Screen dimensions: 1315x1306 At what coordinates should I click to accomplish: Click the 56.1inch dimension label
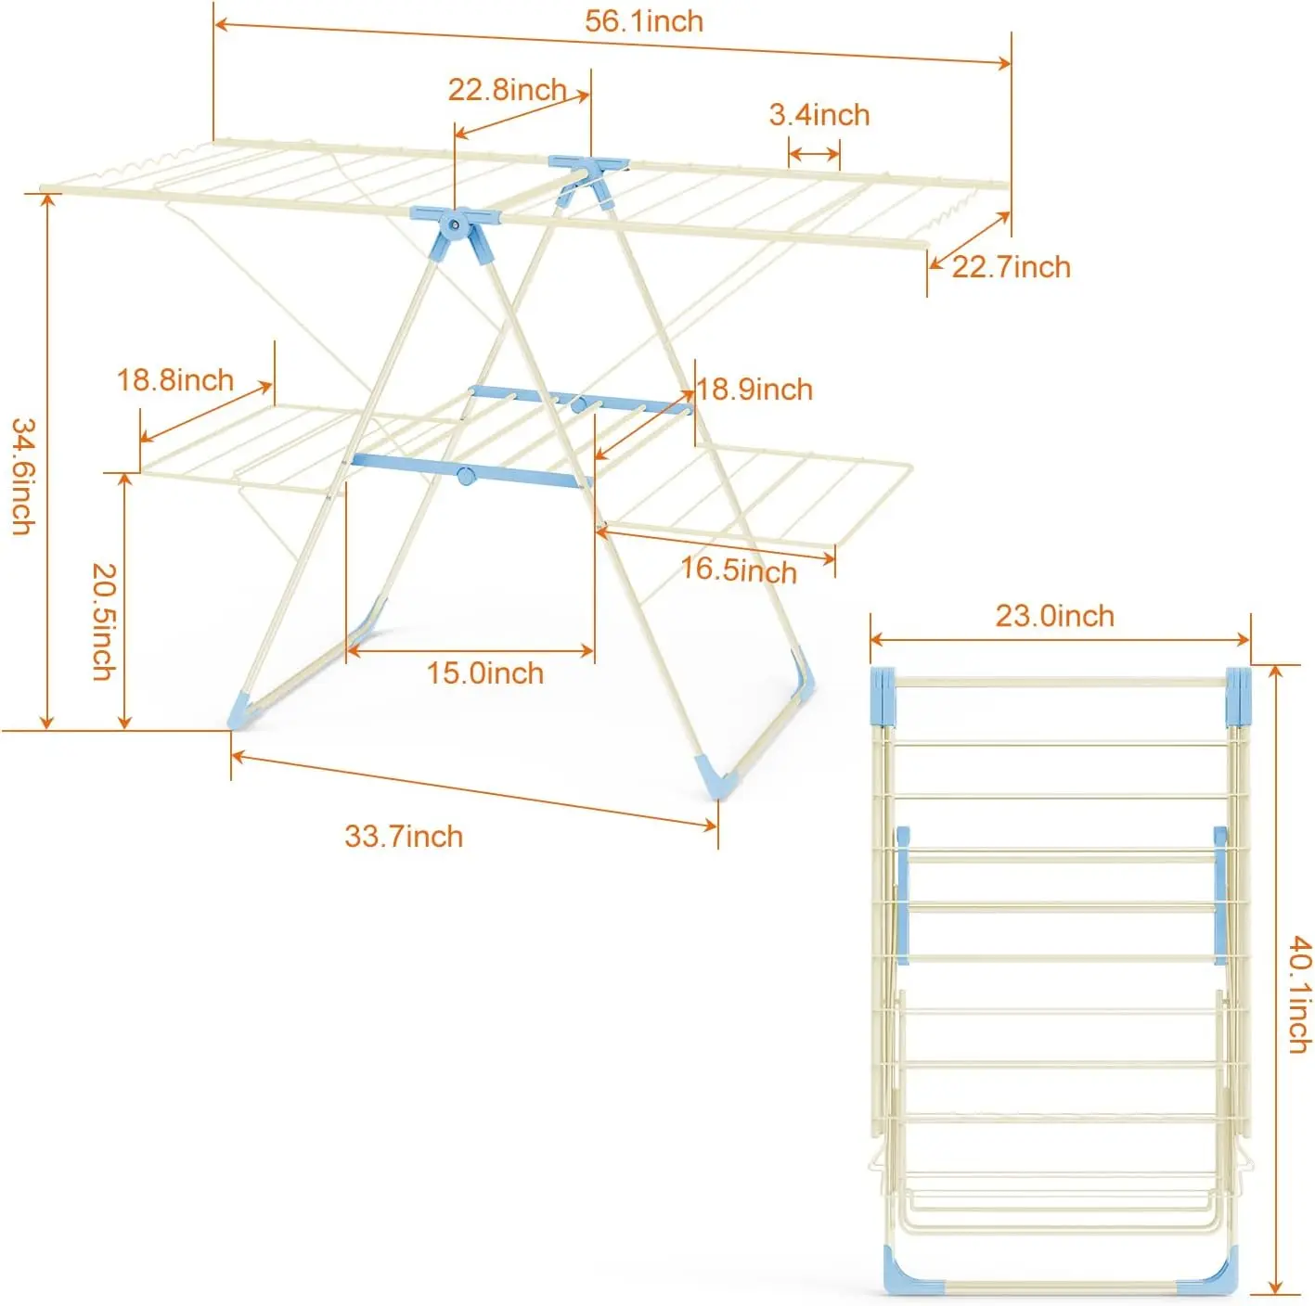[643, 21]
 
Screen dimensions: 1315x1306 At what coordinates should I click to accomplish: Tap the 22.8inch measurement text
[507, 89]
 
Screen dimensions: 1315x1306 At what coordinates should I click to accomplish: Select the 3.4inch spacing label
[819, 115]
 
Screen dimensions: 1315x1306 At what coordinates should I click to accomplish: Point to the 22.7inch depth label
[1011, 267]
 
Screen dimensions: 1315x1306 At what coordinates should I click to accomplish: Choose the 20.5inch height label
[104, 621]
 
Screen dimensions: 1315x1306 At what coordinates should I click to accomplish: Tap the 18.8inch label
[175, 380]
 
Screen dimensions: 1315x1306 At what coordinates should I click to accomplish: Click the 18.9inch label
[754, 390]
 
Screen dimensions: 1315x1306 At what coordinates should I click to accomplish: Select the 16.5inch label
[739, 570]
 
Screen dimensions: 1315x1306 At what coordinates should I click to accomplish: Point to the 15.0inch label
[485, 673]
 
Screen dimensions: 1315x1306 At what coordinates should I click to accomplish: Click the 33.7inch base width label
[404, 837]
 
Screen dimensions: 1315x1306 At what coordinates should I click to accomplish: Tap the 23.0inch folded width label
[1055, 616]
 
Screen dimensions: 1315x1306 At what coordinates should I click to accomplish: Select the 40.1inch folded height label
[1299, 995]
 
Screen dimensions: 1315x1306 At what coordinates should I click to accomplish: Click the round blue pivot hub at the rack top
[453, 224]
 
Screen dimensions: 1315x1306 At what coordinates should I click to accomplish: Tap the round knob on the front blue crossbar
[466, 475]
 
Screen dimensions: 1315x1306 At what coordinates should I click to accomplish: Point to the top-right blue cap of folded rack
[1239, 697]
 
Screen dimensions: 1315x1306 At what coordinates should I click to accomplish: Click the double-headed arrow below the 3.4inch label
[814, 154]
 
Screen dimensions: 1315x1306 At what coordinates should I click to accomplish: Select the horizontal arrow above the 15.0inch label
[470, 650]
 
